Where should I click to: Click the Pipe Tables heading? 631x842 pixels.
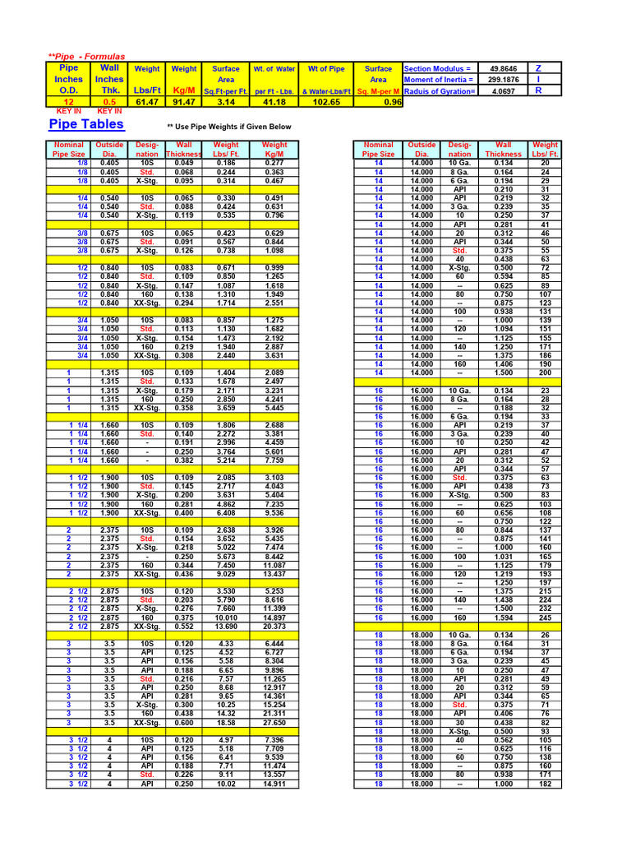(86, 124)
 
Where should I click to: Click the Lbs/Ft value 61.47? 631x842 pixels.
(147, 102)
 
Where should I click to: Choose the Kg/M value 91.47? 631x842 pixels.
(184, 102)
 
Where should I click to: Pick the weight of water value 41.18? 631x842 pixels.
(274, 102)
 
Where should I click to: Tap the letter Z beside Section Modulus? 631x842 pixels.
(538, 68)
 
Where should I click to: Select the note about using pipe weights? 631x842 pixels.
(229, 127)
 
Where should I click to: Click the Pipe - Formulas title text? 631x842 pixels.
(86, 56)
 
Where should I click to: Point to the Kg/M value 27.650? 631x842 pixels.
(274, 722)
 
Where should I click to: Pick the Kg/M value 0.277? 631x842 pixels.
(274, 163)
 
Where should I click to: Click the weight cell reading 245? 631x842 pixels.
(545, 618)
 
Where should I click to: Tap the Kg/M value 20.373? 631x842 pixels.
(274, 626)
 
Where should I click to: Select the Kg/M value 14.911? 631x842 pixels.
(274, 784)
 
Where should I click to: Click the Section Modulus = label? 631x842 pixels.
(438, 68)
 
